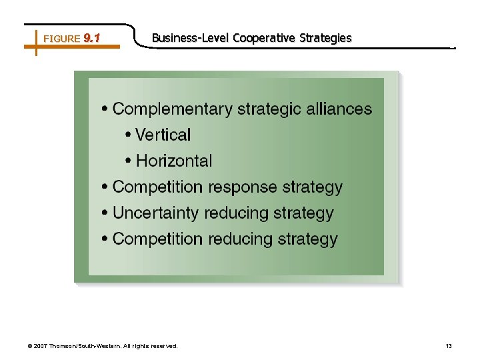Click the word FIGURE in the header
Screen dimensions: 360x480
point(61,39)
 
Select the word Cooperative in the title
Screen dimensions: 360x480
point(264,38)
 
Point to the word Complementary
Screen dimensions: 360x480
point(173,109)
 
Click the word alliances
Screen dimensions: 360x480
point(339,109)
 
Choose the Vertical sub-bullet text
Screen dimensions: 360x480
point(163,135)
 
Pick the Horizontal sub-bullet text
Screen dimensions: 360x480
point(174,161)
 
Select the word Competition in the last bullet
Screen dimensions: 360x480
point(157,239)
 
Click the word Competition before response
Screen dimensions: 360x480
point(157,187)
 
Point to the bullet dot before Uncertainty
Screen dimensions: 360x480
point(105,214)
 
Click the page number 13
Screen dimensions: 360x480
point(449,346)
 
